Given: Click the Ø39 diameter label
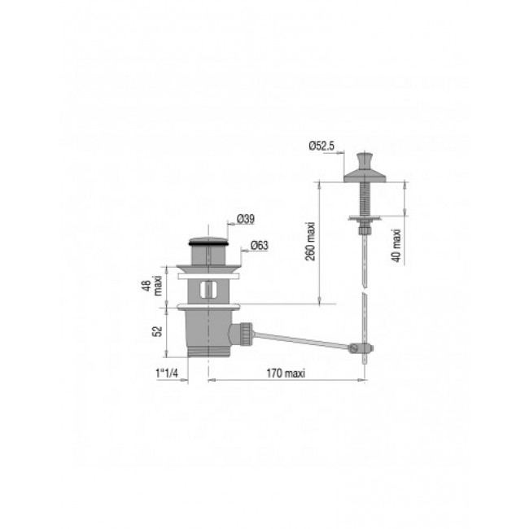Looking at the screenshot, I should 246,219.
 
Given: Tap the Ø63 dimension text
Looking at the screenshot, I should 260,244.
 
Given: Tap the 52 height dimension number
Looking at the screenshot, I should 160,331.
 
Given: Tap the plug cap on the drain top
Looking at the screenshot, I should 209,241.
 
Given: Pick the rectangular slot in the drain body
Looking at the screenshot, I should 209,290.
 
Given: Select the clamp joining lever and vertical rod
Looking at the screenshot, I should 361,348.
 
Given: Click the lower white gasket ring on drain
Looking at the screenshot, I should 209,307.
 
